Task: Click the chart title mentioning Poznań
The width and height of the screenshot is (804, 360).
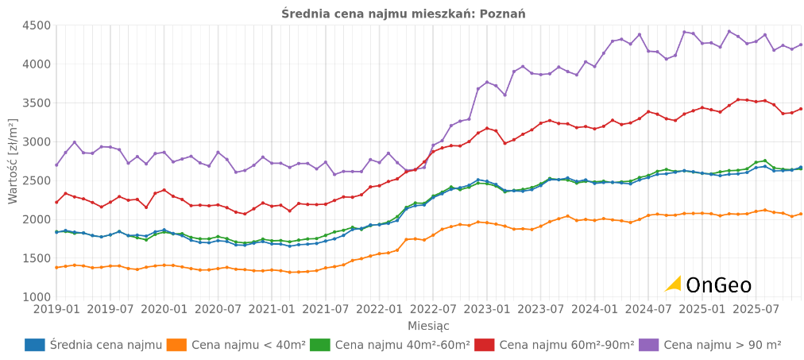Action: tap(403, 14)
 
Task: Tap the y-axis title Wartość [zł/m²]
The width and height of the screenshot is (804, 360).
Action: tap(13, 161)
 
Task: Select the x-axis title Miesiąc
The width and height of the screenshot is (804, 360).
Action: tap(428, 326)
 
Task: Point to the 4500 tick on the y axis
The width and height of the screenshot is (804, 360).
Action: tap(36, 25)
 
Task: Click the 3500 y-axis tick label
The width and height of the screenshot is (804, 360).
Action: tap(36, 103)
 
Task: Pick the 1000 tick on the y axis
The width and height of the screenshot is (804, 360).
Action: tap(36, 297)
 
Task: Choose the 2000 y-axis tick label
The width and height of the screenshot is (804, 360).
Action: tap(36, 219)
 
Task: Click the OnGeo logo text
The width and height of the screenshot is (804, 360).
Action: tap(718, 285)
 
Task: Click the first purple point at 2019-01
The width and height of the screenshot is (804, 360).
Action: tap(56, 165)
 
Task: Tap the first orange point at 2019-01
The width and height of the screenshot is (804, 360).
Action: tap(56, 268)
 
